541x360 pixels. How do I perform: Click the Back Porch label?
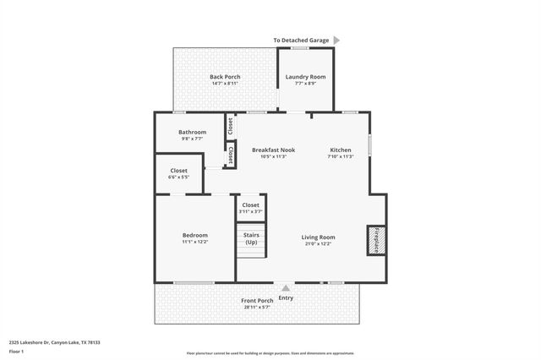pyautogui.click(x=226, y=77)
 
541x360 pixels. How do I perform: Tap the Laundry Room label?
pyautogui.click(x=305, y=77)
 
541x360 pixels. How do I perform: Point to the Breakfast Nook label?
pyautogui.click(x=273, y=150)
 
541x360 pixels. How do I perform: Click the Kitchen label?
pyautogui.click(x=340, y=150)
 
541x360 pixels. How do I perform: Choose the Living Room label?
pyautogui.click(x=318, y=237)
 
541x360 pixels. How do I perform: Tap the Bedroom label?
pyautogui.click(x=194, y=235)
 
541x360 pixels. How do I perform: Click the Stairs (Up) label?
pyautogui.click(x=251, y=238)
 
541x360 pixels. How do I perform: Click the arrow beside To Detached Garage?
pyautogui.click(x=336, y=40)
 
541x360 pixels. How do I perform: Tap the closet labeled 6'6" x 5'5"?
pyautogui.click(x=178, y=173)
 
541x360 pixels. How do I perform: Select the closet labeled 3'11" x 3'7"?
pyautogui.click(x=251, y=207)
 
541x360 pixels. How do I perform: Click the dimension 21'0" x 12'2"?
pyautogui.click(x=318, y=244)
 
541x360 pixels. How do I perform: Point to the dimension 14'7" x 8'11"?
pyautogui.click(x=226, y=84)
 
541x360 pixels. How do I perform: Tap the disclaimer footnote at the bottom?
pyautogui.click(x=270, y=352)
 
